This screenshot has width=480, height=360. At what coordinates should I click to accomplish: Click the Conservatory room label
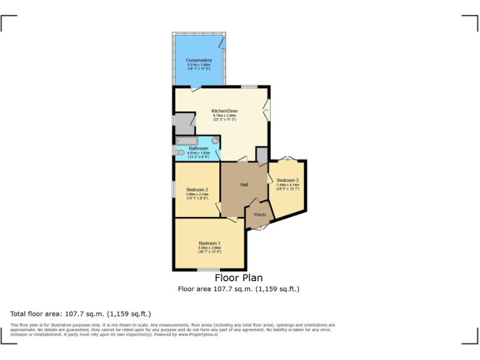pyautogui.click(x=199, y=60)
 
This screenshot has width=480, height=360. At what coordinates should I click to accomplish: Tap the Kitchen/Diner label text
pyautogui.click(x=224, y=111)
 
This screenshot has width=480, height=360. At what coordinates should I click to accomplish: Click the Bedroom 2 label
pyautogui.click(x=197, y=189)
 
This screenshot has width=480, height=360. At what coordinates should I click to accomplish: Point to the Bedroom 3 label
pyautogui.click(x=287, y=180)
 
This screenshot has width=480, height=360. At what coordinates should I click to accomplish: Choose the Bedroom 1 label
pyautogui.click(x=209, y=243)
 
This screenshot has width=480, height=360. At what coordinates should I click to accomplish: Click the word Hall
pyautogui.click(x=245, y=184)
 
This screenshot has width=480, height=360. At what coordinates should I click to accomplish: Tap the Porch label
pyautogui.click(x=260, y=215)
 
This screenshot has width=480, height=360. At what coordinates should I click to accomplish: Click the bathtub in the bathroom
pyautogui.click(x=187, y=141)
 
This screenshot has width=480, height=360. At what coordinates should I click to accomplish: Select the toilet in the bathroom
pyautogui.click(x=180, y=152)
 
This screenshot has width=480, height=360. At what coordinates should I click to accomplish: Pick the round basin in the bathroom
pyautogui.click(x=215, y=141)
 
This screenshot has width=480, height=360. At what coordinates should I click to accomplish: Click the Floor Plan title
pyautogui.click(x=239, y=278)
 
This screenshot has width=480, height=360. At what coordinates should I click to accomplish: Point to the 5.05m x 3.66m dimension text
pyautogui.click(x=209, y=248)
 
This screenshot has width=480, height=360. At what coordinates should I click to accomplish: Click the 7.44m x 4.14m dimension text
pyautogui.click(x=287, y=185)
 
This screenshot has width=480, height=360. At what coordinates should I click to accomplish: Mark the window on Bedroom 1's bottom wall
pyautogui.click(x=208, y=270)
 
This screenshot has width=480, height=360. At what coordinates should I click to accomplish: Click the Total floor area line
pyautogui.click(x=81, y=314)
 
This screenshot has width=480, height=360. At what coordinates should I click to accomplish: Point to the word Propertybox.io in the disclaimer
pyautogui.click(x=198, y=334)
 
